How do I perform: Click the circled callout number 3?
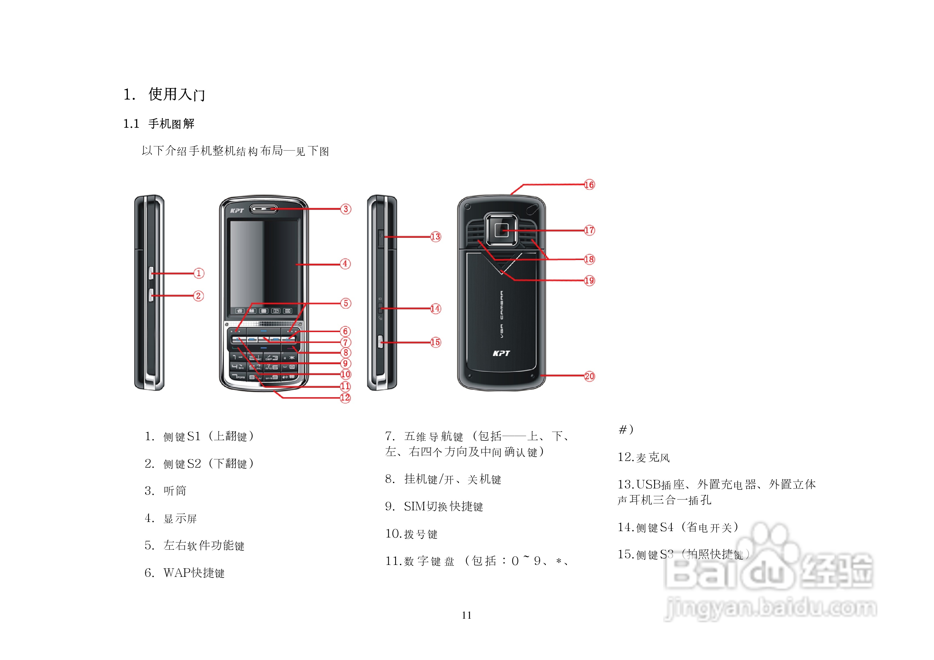[x=345, y=209]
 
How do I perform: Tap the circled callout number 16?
[x=589, y=185]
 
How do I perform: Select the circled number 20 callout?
[x=589, y=376]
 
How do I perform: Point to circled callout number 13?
[x=435, y=237]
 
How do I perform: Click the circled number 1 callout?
[x=199, y=273]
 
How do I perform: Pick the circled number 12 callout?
[x=345, y=398]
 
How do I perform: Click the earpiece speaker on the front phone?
[x=264, y=209]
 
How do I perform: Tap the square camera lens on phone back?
[x=501, y=230]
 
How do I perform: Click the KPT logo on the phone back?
[x=501, y=353]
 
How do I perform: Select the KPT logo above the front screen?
[x=237, y=210]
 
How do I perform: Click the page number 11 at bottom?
[x=467, y=615]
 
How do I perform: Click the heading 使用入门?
[x=177, y=94]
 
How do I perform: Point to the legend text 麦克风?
[x=653, y=457]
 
